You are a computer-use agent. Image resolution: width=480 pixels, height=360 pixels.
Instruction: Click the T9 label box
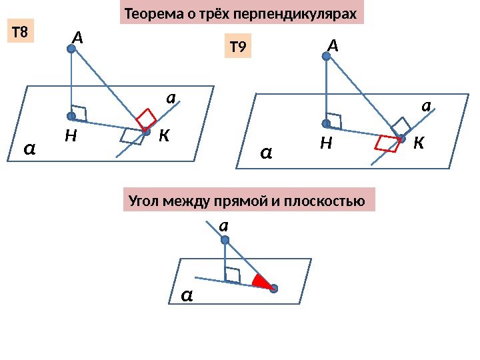238,47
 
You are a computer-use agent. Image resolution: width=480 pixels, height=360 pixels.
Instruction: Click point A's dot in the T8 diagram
71,48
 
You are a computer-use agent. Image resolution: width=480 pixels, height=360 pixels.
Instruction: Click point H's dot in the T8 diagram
71,115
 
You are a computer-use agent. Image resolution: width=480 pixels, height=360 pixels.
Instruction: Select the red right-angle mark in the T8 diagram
145,119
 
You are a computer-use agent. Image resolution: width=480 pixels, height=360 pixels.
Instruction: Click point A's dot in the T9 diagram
327,57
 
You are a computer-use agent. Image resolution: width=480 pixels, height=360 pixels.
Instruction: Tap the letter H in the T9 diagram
325,143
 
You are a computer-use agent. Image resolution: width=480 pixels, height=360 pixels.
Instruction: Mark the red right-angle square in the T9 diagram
385,143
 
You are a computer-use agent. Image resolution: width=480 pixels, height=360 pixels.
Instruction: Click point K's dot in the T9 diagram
401,139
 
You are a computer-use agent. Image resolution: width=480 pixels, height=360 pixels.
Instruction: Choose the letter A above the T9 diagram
333,45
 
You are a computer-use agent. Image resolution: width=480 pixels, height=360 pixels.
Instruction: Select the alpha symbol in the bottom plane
187,295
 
